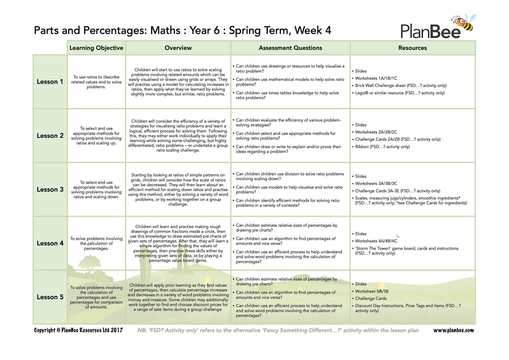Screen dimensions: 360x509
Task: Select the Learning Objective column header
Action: click(x=96, y=48)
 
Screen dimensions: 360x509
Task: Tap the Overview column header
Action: click(x=178, y=48)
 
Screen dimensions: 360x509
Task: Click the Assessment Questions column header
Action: click(x=290, y=48)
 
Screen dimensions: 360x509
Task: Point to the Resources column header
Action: click(x=412, y=48)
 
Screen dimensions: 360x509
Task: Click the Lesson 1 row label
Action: click(x=50, y=82)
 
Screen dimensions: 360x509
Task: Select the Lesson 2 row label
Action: click(x=50, y=136)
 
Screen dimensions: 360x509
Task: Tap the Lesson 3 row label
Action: click(x=50, y=189)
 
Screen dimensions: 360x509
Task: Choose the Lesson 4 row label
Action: click(x=50, y=243)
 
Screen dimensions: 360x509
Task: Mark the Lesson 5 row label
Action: click(x=50, y=297)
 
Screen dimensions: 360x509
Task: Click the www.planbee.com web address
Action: click(x=454, y=330)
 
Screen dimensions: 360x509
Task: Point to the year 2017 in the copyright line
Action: click(x=116, y=330)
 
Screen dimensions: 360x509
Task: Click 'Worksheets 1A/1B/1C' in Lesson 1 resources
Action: click(x=376, y=78)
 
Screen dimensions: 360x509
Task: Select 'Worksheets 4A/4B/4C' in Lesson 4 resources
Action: click(x=376, y=241)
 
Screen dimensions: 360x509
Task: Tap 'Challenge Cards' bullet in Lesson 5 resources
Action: click(x=371, y=299)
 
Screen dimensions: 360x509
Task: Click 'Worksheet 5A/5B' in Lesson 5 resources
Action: click(x=372, y=291)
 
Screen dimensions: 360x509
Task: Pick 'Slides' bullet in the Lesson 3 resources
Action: click(x=361, y=176)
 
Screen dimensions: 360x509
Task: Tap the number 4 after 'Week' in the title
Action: click(x=328, y=31)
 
